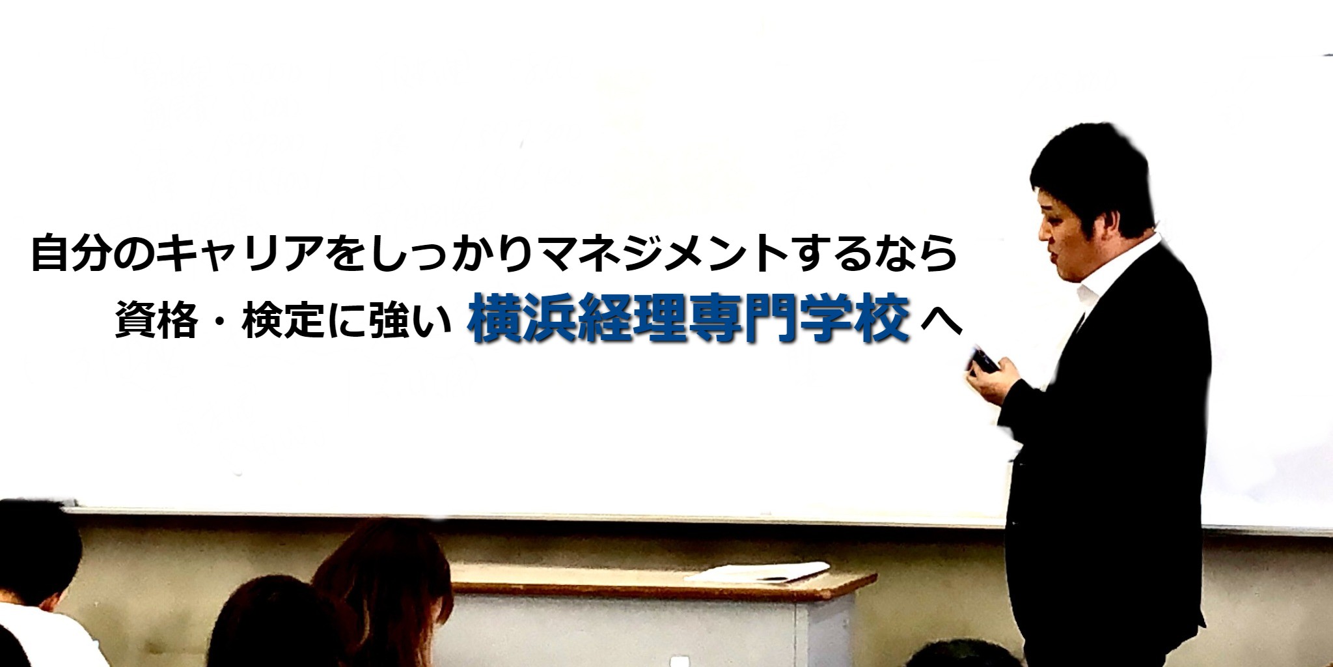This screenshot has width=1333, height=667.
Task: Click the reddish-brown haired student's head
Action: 384,573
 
